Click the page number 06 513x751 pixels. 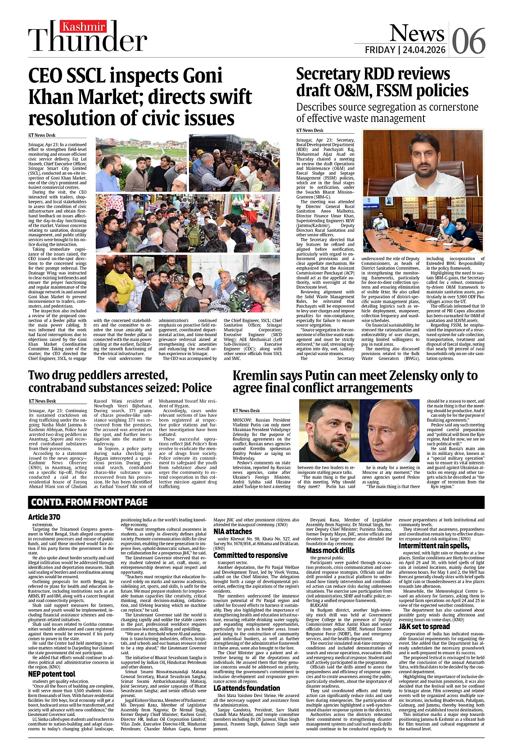[x=468, y=40]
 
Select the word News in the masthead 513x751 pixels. [x=416, y=32]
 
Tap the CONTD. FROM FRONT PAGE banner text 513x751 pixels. [x=89, y=502]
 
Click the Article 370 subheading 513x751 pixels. [x=44, y=517]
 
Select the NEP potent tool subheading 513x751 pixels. [x=51, y=674]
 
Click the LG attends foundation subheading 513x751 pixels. [x=247, y=688]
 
